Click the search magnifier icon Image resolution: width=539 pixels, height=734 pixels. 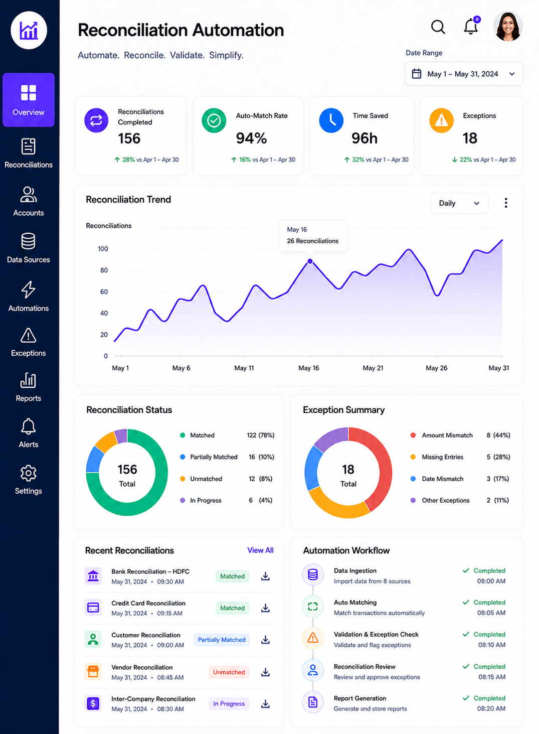(438, 27)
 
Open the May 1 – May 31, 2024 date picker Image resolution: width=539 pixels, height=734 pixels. (464, 74)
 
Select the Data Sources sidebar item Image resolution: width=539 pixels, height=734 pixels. (29, 248)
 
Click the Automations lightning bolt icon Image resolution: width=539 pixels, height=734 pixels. (28, 289)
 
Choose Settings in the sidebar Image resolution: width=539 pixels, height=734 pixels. (29, 480)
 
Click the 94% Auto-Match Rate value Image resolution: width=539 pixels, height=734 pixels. (252, 138)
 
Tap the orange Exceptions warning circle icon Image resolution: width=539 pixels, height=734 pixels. (441, 120)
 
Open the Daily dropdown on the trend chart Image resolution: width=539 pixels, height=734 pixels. (459, 203)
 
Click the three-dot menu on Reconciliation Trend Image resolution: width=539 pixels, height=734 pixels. (506, 203)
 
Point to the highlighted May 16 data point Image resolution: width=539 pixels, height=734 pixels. (310, 261)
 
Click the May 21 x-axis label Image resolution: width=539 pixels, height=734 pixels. (373, 368)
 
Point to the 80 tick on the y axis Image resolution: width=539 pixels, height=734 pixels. (104, 270)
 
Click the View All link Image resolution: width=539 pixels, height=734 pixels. (260, 550)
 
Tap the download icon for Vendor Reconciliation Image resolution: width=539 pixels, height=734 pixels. (265, 672)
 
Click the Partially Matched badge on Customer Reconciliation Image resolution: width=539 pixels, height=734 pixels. (222, 640)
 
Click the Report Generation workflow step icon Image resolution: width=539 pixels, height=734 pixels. (313, 702)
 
